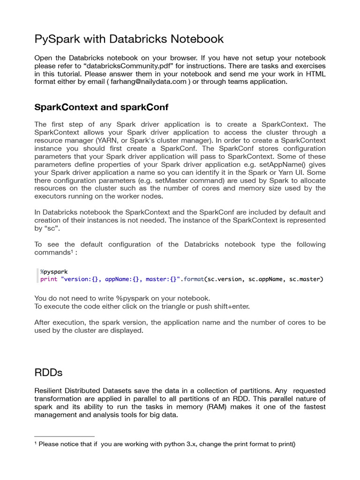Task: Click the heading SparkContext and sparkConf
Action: (x=101, y=107)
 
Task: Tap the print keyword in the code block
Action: (x=49, y=279)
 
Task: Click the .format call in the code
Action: (x=193, y=279)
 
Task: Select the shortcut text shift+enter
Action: (x=229, y=306)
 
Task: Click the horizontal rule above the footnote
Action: (x=65, y=436)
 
